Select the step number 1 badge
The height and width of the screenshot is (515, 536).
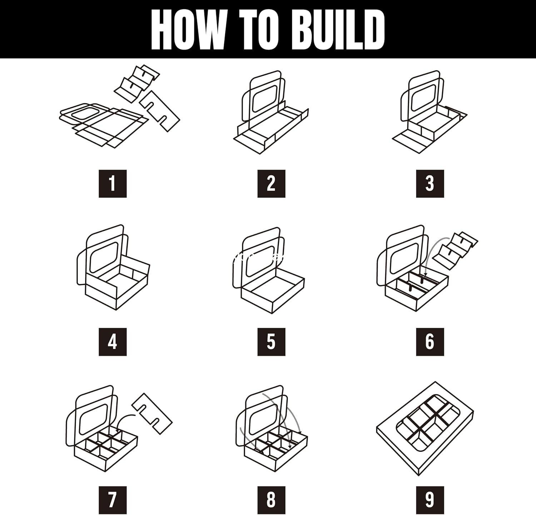click(113, 184)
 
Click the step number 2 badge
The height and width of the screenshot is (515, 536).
click(271, 184)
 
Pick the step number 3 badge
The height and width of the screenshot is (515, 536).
click(430, 184)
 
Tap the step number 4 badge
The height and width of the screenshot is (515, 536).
click(113, 342)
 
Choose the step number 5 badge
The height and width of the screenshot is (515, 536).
click(271, 342)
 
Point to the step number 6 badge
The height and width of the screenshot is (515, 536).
click(430, 342)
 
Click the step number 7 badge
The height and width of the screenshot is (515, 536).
click(113, 500)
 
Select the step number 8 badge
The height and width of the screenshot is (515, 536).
click(271, 500)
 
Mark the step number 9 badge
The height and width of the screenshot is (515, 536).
click(430, 500)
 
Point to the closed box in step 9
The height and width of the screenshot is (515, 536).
click(425, 429)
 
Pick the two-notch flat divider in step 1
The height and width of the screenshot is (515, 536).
click(160, 111)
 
